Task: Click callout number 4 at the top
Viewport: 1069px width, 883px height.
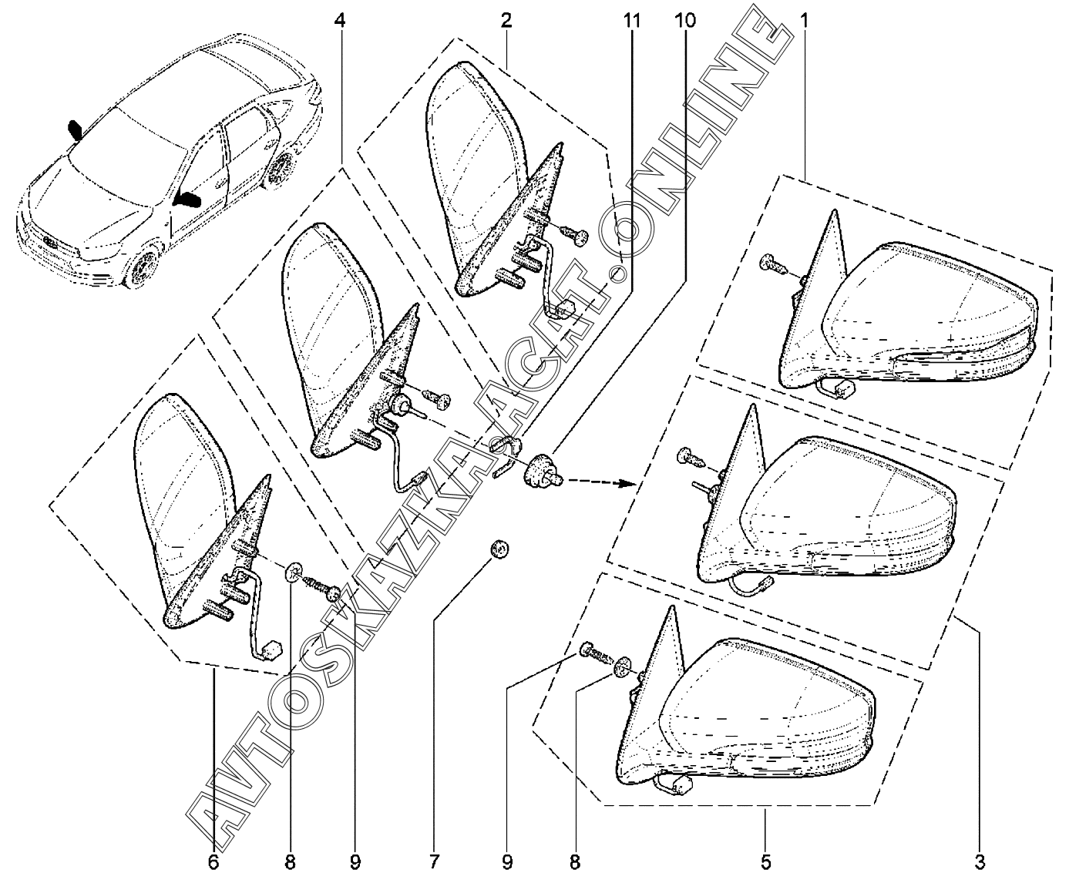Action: [340, 20]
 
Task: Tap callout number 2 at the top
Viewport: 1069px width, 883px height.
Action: [506, 20]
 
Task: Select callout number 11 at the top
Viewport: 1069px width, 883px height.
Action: [632, 20]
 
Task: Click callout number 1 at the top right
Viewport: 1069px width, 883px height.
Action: [804, 20]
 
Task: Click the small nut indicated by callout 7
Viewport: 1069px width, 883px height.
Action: [500, 549]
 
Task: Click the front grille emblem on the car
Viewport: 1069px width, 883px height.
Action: [50, 238]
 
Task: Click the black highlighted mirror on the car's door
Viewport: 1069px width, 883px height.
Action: [188, 200]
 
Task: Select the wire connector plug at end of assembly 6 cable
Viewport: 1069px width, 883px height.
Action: [271, 651]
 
